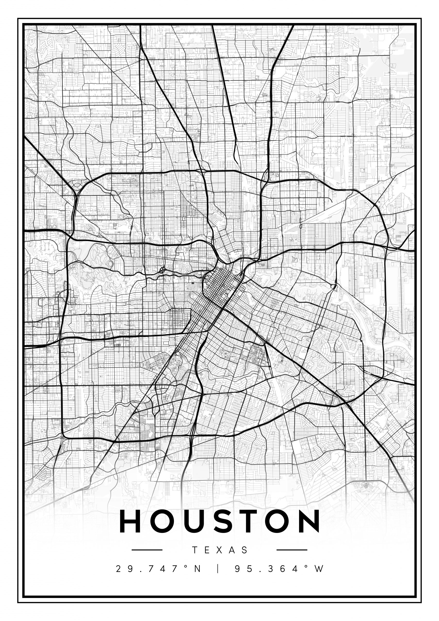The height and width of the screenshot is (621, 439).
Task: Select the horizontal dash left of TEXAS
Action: [x=147, y=550]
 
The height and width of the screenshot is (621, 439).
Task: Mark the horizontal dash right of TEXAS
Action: [x=292, y=550]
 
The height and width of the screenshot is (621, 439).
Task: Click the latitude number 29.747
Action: [x=148, y=569]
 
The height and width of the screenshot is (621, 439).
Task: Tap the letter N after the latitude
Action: [x=198, y=569]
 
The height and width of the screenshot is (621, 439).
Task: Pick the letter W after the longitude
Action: [x=319, y=569]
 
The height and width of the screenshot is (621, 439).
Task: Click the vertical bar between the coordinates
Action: [x=218, y=569]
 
